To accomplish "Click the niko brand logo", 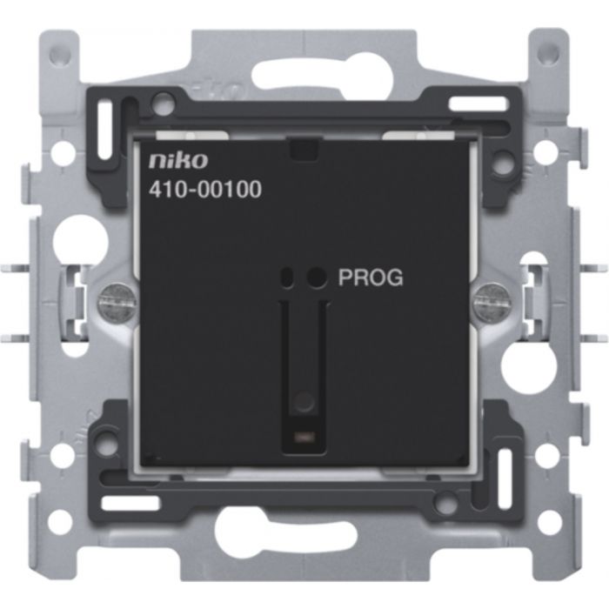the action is tap(178, 160).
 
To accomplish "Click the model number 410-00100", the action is tap(205, 190).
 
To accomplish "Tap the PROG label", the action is tap(371, 278).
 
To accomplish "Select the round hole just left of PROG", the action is tap(317, 278).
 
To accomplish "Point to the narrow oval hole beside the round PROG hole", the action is tap(288, 278).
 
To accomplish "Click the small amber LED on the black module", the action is tap(304, 438).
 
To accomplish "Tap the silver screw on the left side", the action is tap(117, 302).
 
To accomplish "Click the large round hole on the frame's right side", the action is tap(529, 366).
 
